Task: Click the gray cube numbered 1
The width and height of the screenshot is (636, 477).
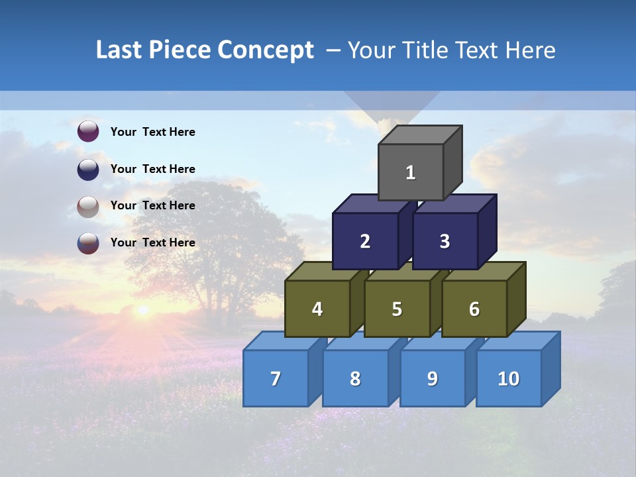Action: [411, 172]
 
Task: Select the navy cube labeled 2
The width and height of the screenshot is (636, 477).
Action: [365, 241]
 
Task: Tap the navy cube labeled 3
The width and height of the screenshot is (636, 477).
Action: [445, 241]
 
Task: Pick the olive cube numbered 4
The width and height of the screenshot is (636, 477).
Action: [317, 309]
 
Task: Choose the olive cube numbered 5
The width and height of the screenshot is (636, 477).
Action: [397, 309]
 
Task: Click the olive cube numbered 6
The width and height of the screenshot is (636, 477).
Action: [474, 309]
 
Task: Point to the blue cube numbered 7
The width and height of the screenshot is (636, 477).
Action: [276, 378]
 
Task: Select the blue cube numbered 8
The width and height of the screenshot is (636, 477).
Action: [355, 378]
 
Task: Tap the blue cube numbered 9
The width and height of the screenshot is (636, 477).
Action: [433, 378]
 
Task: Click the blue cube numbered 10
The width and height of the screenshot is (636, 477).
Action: [508, 378]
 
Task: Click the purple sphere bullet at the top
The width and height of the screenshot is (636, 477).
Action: [88, 132]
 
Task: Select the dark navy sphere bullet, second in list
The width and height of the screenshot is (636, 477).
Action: [88, 169]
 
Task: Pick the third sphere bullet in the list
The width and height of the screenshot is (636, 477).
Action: [88, 206]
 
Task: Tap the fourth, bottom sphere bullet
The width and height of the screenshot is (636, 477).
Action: [88, 242]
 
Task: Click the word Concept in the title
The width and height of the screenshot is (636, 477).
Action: [266, 50]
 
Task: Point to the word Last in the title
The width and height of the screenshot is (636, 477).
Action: [120, 50]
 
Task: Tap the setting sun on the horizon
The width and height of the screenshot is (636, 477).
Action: [142, 309]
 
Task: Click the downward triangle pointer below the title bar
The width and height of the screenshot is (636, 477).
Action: [392, 106]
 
